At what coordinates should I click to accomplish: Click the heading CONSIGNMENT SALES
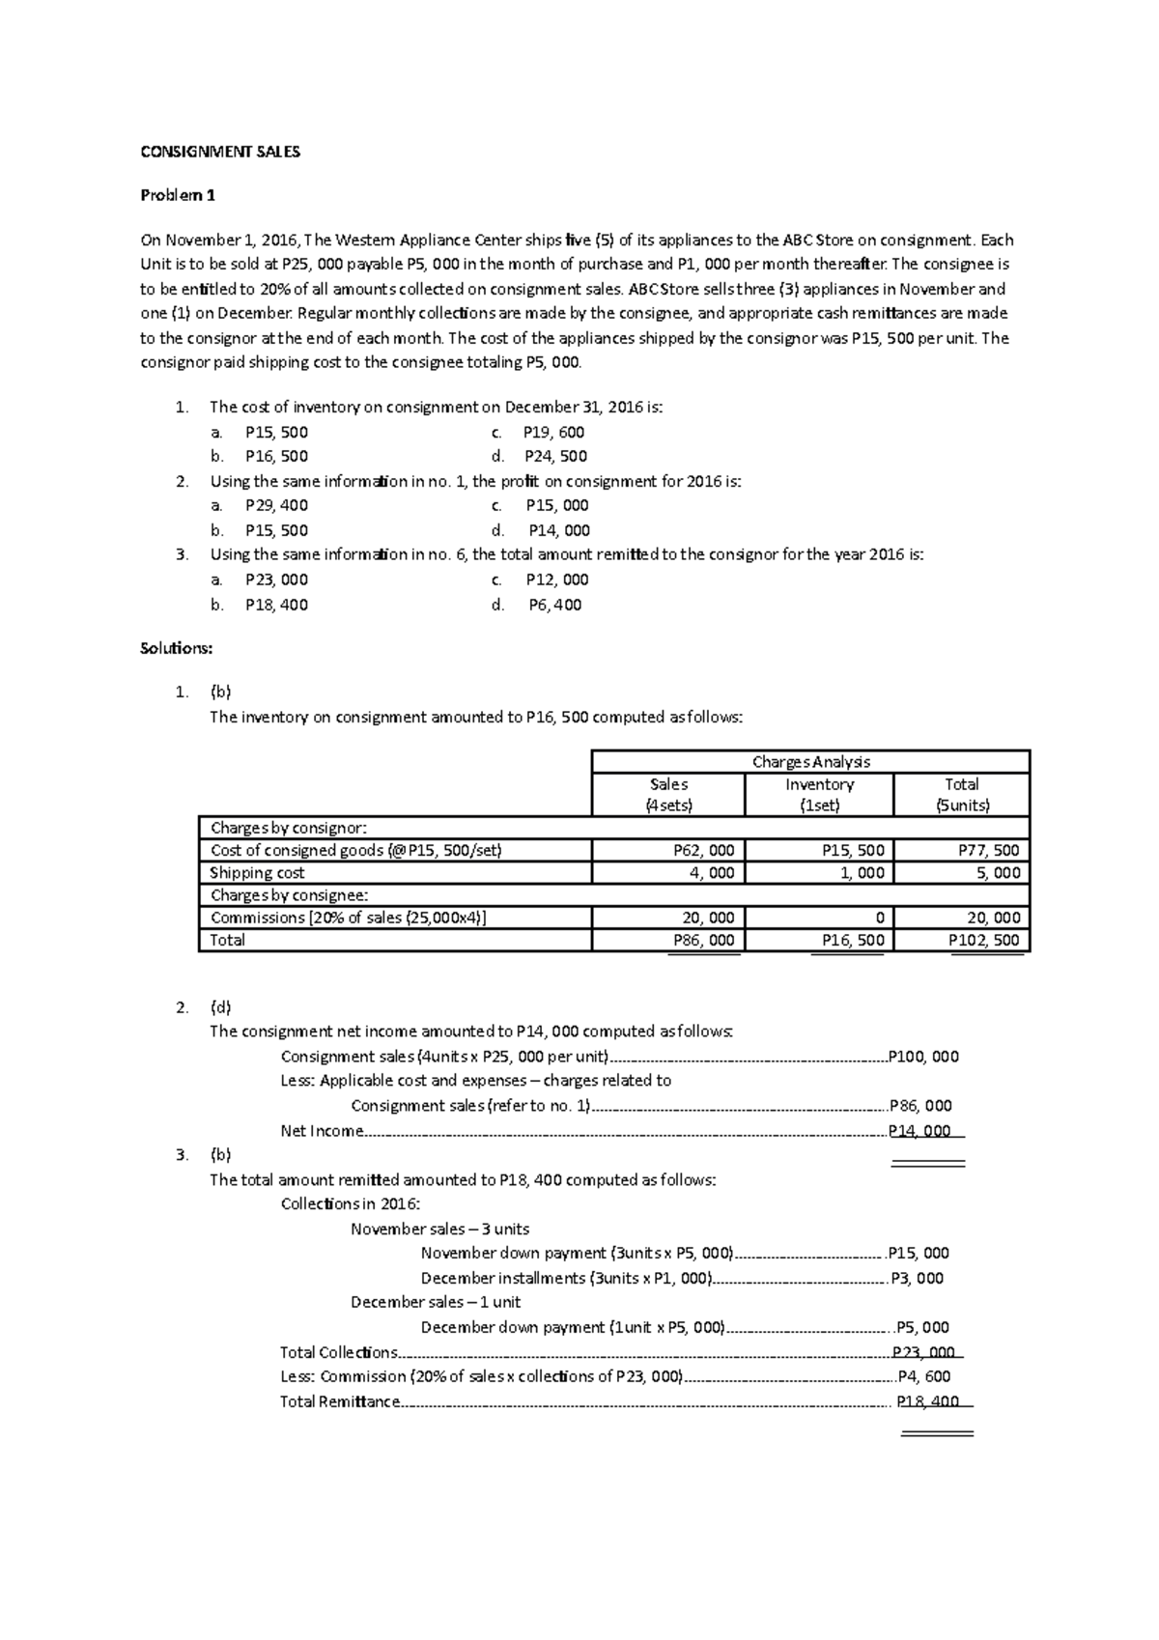click(x=220, y=152)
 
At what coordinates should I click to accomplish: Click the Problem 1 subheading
click(x=178, y=195)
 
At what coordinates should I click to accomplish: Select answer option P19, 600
click(x=553, y=432)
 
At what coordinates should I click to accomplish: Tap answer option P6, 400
click(x=555, y=605)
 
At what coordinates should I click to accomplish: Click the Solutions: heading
click(x=176, y=648)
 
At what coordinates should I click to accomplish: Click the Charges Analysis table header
click(x=810, y=761)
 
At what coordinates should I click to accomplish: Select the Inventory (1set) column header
click(x=819, y=795)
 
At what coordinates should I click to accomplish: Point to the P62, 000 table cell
click(x=703, y=851)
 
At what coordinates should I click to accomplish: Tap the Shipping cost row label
click(x=257, y=873)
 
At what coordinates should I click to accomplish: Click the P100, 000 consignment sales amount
click(x=923, y=1057)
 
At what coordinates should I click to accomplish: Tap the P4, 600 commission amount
click(x=923, y=1376)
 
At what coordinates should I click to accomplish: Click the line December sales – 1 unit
click(x=436, y=1302)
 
